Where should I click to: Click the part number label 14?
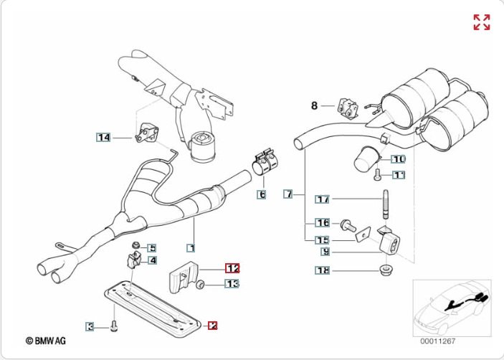point(104,137)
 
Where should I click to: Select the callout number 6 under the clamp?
point(262,194)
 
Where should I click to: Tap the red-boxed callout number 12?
point(232,268)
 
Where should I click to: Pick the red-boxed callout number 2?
point(212,325)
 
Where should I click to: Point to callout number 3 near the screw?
point(90,327)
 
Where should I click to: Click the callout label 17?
point(323,199)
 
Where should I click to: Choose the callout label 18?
point(323,270)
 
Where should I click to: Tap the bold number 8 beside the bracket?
point(314,106)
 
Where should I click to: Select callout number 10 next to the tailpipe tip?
point(398,158)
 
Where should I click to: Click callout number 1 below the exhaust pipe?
point(191,248)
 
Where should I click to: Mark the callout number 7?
point(287,194)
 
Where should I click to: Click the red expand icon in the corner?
point(482,22)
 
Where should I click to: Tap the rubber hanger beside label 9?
point(389,240)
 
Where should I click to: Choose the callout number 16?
point(323,223)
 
